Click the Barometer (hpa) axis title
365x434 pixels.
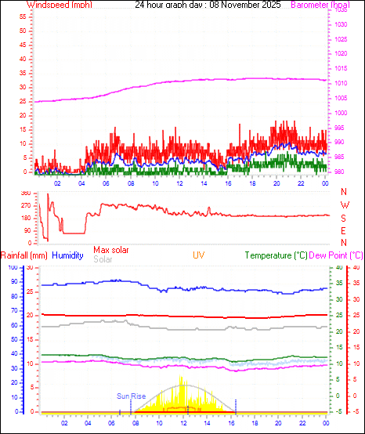click(320, 5)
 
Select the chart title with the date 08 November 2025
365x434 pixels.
click(208, 5)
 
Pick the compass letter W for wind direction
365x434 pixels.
click(343, 206)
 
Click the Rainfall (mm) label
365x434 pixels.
click(24, 255)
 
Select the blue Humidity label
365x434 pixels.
click(67, 255)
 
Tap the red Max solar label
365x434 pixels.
click(111, 250)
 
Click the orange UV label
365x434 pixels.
click(199, 255)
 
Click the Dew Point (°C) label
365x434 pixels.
click(337, 255)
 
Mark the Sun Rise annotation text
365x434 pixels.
click(132, 396)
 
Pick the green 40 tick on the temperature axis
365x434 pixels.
click(338, 268)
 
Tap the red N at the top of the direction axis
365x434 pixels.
click(343, 193)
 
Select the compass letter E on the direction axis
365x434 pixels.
click(343, 230)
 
